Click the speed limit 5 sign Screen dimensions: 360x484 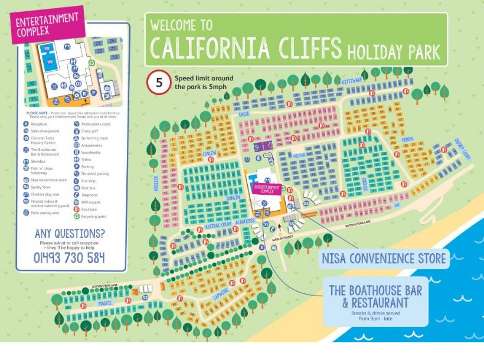pyautogui.click(x=158, y=82)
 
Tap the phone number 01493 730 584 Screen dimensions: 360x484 pyautogui.click(x=69, y=257)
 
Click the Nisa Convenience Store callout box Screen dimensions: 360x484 pyautogui.click(x=383, y=258)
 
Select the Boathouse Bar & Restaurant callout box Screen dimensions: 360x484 pyautogui.click(x=375, y=303)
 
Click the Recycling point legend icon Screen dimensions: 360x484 pyautogui.click(x=76, y=217)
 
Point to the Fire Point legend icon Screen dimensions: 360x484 pyautogui.click(x=76, y=209)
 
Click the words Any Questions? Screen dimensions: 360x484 pyautogui.click(x=70, y=233)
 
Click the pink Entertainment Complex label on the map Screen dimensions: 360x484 pyautogui.click(x=266, y=188)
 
